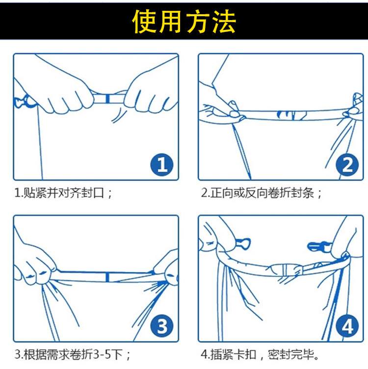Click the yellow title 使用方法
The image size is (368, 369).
(x=184, y=22)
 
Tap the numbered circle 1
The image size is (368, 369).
(x=162, y=165)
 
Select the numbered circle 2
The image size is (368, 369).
(x=347, y=165)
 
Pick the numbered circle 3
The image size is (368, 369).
(x=162, y=326)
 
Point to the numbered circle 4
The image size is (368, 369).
(x=347, y=326)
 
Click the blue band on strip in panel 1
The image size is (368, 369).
(x=107, y=99)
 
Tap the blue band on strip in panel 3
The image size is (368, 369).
(x=107, y=277)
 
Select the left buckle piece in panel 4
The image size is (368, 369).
(x=243, y=244)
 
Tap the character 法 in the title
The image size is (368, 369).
(x=224, y=22)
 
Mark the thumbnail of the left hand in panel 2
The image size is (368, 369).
(x=234, y=114)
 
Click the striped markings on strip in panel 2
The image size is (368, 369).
(x=291, y=115)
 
